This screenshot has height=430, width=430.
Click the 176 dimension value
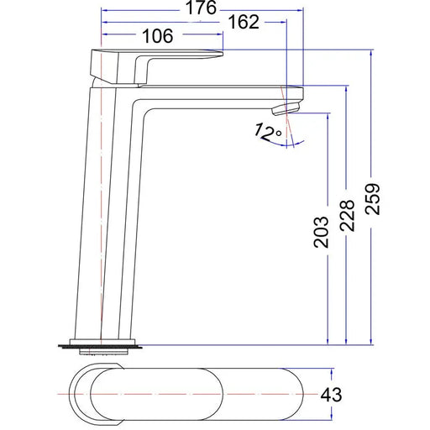tap(201, 8)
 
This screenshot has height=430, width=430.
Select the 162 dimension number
tap(244, 22)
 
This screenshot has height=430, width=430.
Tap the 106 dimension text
tap(158, 36)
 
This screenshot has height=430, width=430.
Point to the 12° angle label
tap(268, 132)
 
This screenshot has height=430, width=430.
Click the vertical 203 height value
tap(321, 232)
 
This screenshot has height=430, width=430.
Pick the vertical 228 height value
tap(348, 215)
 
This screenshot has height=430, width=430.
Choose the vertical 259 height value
tap(373, 199)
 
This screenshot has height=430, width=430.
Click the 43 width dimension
tap(331, 395)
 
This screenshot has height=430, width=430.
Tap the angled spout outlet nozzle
tap(286, 108)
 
